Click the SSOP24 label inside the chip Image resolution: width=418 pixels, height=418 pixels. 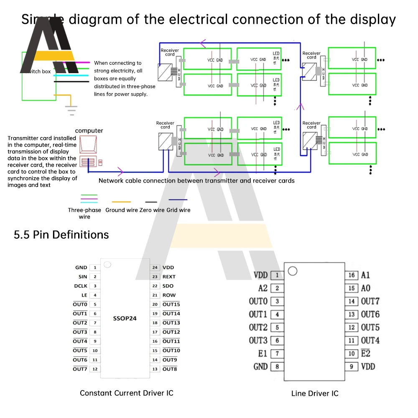(125, 318)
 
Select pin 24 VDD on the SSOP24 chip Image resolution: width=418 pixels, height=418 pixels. (168, 268)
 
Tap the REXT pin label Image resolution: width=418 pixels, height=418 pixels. (169, 277)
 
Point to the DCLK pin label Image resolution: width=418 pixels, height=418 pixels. (81, 286)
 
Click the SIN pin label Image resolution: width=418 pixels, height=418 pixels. (83, 277)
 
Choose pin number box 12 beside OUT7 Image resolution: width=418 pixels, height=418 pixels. (95, 369)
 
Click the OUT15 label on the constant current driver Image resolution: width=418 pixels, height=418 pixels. (171, 304)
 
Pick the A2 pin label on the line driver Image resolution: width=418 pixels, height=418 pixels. (263, 288)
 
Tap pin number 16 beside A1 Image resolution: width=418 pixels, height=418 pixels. (352, 275)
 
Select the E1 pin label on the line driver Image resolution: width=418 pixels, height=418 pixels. (263, 354)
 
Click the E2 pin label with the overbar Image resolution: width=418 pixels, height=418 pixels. (365, 354)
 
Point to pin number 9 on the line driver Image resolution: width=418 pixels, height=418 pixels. (352, 367)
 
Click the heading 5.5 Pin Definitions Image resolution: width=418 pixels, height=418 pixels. (61, 235)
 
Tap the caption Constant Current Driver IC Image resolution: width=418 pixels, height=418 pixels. (126, 393)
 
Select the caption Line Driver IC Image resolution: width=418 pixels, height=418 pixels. (315, 393)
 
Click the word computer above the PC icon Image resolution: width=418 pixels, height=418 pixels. (89, 131)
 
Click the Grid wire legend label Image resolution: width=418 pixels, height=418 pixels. (178, 210)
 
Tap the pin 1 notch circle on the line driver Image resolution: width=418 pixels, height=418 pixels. (293, 271)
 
